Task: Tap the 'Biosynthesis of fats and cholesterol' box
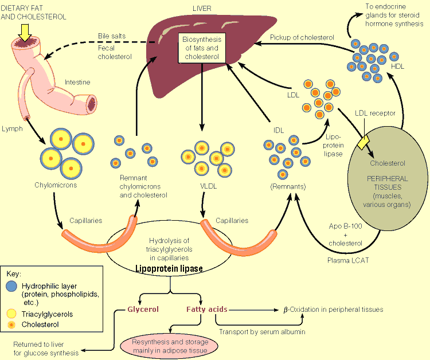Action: (202, 48)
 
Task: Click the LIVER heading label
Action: (202, 9)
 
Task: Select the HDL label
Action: (397, 66)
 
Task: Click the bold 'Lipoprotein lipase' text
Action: (169, 268)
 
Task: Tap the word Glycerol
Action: (143, 310)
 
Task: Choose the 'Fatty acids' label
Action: (207, 310)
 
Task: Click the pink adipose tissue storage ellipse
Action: (170, 346)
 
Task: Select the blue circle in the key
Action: (11, 286)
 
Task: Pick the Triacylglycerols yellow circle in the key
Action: (11, 314)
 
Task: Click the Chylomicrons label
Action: (56, 185)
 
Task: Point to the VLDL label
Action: (209, 186)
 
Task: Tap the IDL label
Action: (278, 131)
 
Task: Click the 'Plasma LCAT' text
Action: (348, 260)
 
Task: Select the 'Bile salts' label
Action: (112, 36)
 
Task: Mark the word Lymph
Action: (12, 128)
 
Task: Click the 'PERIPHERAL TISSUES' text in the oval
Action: (388, 183)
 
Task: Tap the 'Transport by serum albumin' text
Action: (262, 332)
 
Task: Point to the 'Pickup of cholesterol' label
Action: (302, 38)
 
